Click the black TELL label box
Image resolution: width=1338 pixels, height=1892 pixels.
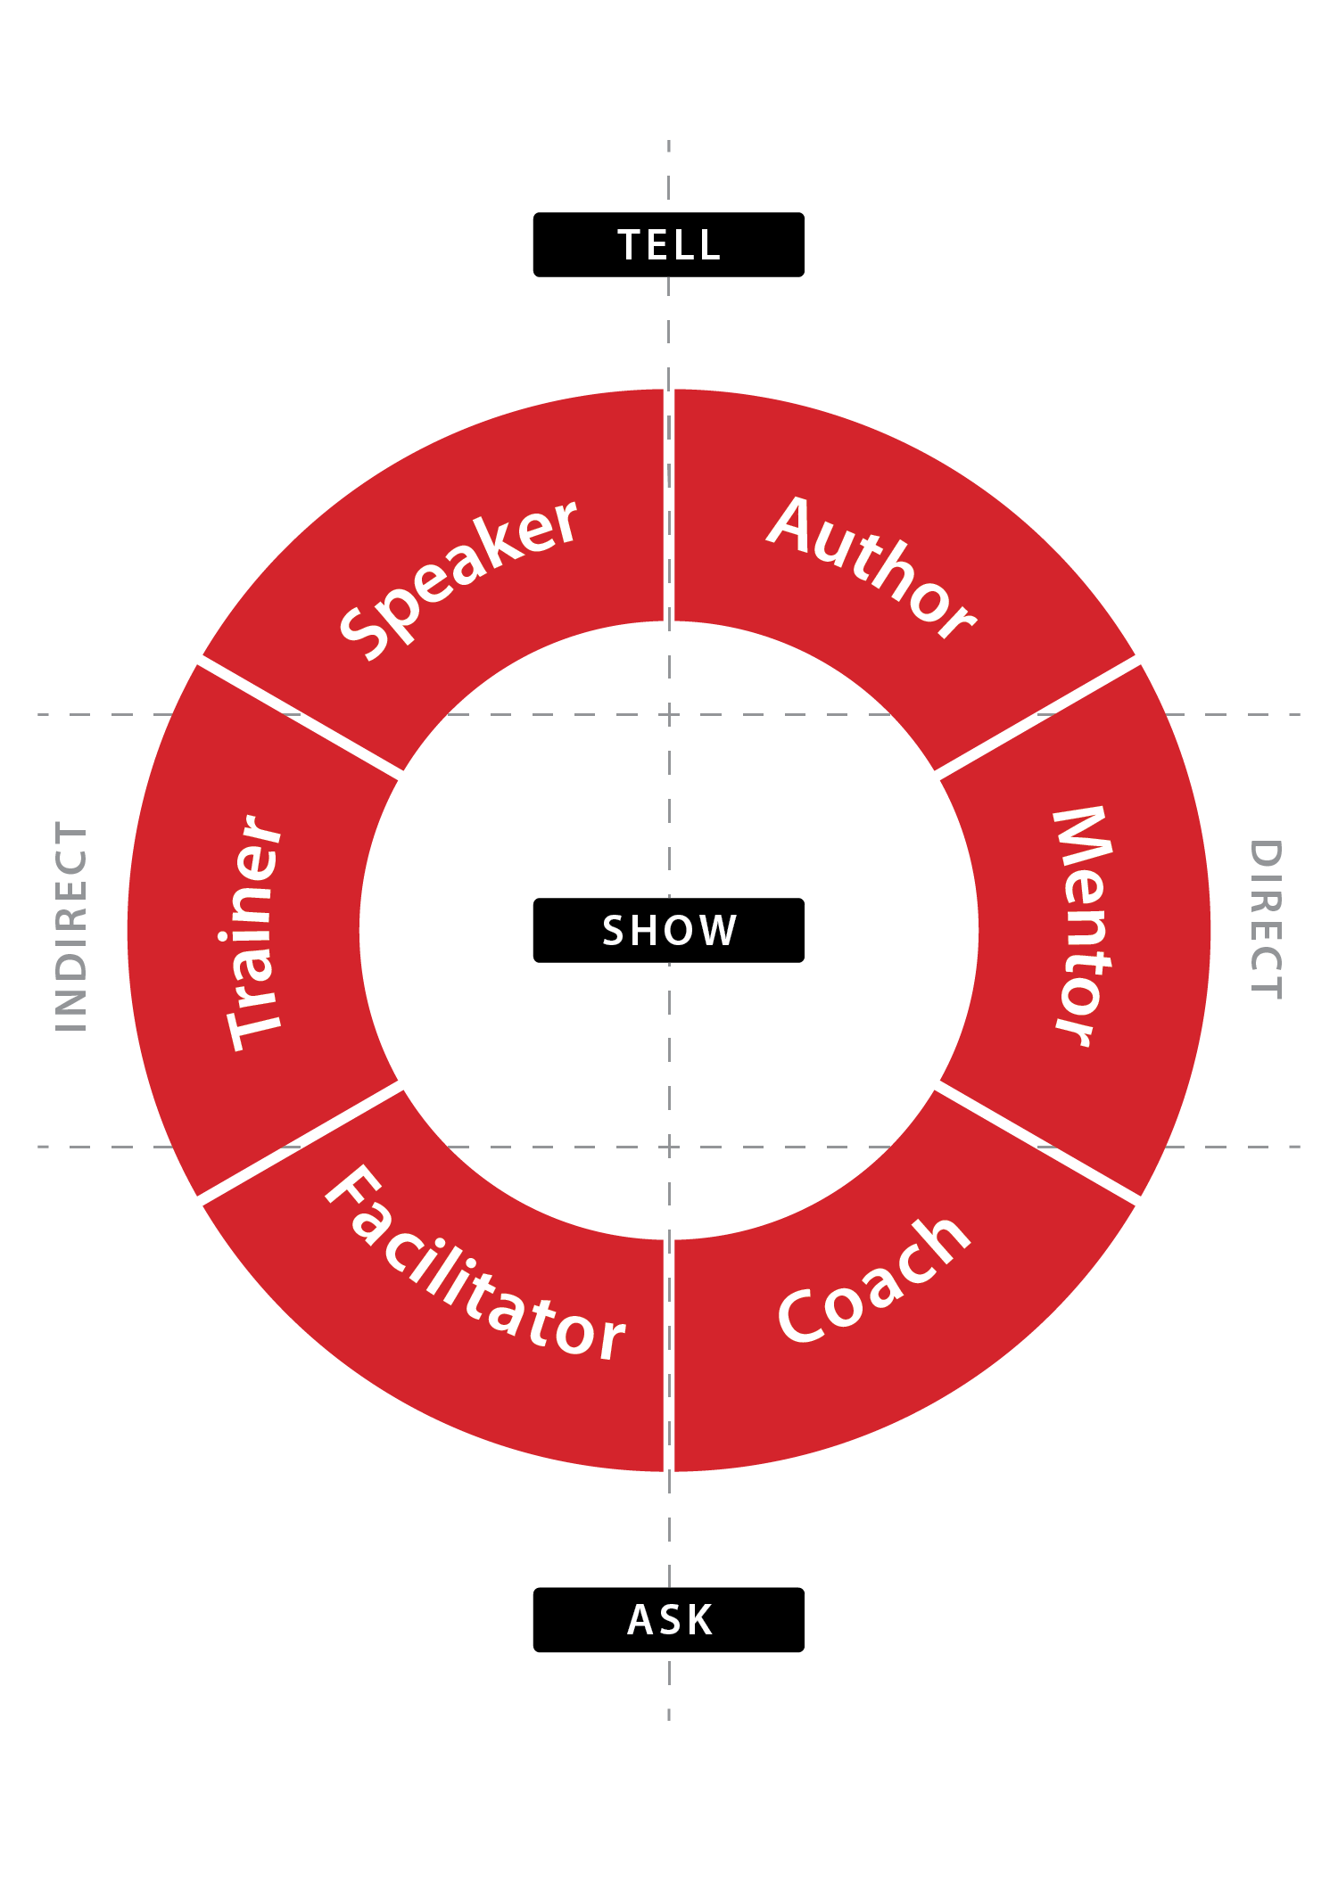pos(668,244)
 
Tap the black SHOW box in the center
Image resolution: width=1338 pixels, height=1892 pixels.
pos(668,930)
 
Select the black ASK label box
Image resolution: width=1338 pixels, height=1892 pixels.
pos(668,1619)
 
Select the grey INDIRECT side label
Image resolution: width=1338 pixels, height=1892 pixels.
pos(71,926)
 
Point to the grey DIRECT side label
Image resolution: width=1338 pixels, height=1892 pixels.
pos(1266,919)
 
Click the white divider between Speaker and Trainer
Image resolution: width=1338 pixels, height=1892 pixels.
pos(300,718)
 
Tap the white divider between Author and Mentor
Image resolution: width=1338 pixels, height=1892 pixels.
pos(1037,718)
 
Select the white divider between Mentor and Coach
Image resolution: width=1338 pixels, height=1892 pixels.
pos(1037,1142)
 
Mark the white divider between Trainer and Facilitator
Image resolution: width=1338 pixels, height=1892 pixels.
pos(300,1142)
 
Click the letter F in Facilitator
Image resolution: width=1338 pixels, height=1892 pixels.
pos(351,1191)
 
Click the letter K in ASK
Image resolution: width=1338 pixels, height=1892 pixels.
pos(698,1620)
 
